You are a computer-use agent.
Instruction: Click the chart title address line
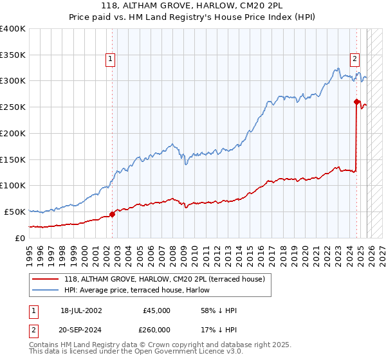pyautogui.click(x=192, y=6)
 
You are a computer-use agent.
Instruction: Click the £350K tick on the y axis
pyautogui.click(x=13, y=55)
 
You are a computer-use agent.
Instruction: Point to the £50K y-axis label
pyautogui.click(x=15, y=212)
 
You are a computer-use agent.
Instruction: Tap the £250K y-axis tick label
pyautogui.click(x=13, y=107)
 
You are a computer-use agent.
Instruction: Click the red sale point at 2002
pyautogui.click(x=112, y=214)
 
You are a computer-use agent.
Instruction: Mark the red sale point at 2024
pyautogui.click(x=356, y=101)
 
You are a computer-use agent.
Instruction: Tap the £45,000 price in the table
pyautogui.click(x=157, y=310)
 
